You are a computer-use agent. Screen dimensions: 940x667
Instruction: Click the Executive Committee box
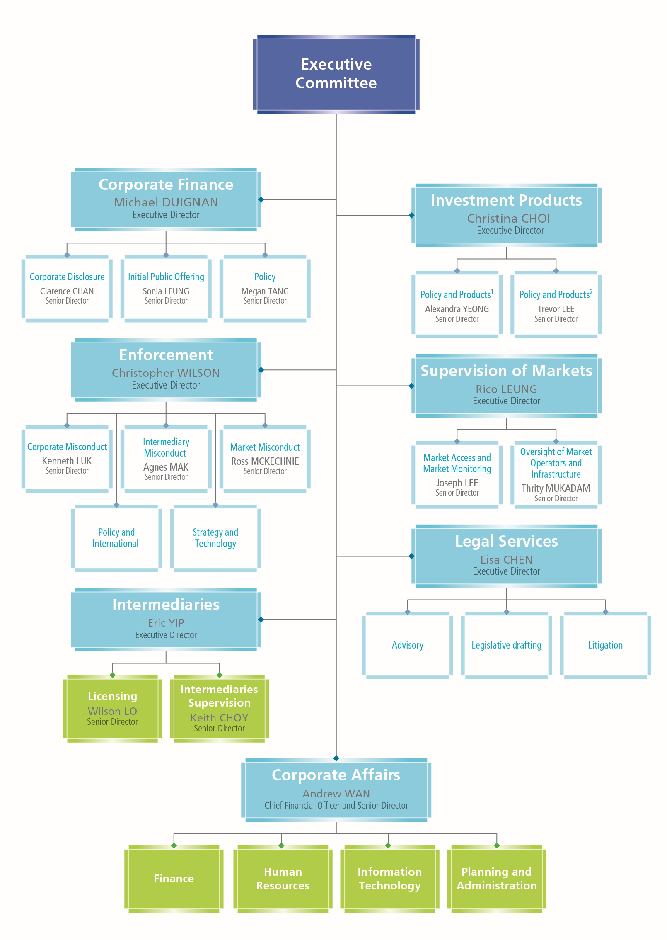(x=336, y=74)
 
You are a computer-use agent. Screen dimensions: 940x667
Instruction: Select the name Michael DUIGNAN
(x=166, y=202)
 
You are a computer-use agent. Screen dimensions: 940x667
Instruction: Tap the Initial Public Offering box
(x=166, y=288)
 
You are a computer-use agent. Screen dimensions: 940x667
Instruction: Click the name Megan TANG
(x=265, y=291)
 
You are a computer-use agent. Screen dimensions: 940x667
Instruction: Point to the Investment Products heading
(x=506, y=200)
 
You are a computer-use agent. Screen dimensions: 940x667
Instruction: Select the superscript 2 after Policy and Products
(x=591, y=291)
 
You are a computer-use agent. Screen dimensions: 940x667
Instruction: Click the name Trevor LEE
(x=556, y=309)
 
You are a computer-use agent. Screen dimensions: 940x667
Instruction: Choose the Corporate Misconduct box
(x=67, y=458)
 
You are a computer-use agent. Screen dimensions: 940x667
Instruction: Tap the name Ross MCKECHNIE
(x=265, y=461)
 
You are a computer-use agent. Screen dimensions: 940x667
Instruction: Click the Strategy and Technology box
(x=215, y=538)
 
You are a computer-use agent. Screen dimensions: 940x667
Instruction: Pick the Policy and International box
(x=116, y=538)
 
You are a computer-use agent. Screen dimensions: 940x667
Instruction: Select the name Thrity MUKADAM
(x=556, y=488)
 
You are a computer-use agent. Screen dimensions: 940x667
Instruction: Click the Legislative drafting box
(x=506, y=645)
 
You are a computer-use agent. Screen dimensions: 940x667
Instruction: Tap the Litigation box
(x=605, y=645)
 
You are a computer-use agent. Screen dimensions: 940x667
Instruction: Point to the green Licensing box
(x=112, y=708)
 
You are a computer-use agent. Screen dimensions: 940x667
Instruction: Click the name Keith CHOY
(x=219, y=718)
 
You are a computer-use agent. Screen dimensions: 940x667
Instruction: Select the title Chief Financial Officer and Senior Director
(x=336, y=805)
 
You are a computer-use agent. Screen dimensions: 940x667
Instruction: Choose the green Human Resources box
(x=283, y=878)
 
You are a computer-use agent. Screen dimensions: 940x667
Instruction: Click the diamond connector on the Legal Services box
(x=411, y=556)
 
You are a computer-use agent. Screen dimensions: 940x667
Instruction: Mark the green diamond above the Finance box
(x=174, y=845)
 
